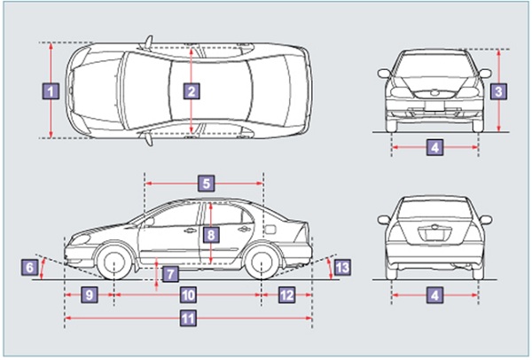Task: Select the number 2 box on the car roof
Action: click(192, 90)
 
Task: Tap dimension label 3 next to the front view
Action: click(499, 90)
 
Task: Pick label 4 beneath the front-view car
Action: click(434, 147)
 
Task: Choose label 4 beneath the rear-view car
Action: click(434, 293)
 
